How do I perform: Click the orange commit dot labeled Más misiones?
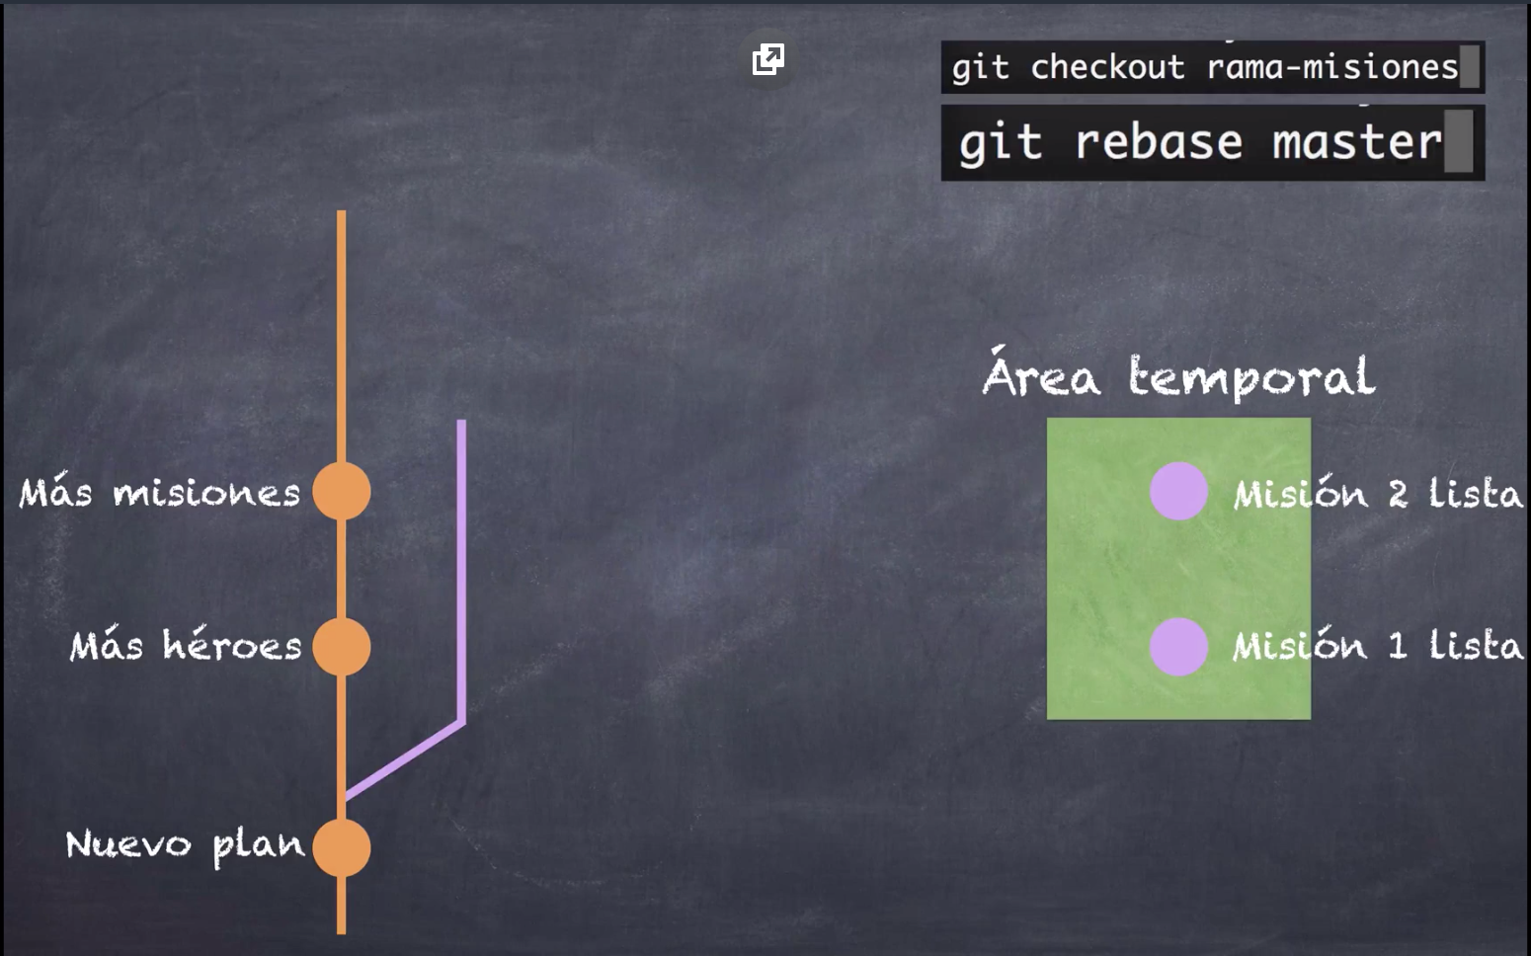(342, 491)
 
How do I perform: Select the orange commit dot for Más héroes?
(342, 647)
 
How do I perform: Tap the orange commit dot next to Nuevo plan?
(342, 847)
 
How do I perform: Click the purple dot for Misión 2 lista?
(1178, 491)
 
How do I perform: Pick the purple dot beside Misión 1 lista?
(1178, 647)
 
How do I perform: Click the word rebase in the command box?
(1159, 142)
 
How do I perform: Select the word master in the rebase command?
(1356, 142)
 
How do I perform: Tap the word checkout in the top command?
(1107, 67)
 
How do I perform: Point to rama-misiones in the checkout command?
(1332, 67)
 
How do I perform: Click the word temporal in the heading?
(1251, 377)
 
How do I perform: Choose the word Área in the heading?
(1040, 375)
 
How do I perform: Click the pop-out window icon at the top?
(767, 59)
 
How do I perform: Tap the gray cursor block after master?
(1458, 141)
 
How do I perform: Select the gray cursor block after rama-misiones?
(1470, 66)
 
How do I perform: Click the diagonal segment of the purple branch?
(405, 758)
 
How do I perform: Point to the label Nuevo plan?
(185, 845)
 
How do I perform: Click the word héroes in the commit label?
(232, 646)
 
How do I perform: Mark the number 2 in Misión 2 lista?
(1397, 493)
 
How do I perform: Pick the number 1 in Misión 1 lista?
(1397, 647)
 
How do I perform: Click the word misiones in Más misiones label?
(205, 493)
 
